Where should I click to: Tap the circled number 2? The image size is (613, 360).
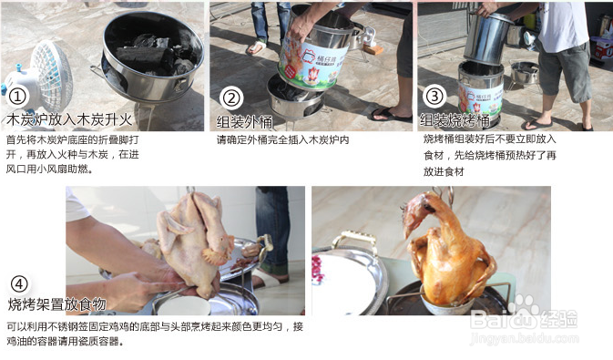coord(231,98)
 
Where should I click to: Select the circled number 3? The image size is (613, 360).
coord(434,96)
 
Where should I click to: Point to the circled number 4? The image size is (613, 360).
coord(18,283)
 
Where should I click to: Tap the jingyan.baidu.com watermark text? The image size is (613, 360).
coord(542,335)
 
